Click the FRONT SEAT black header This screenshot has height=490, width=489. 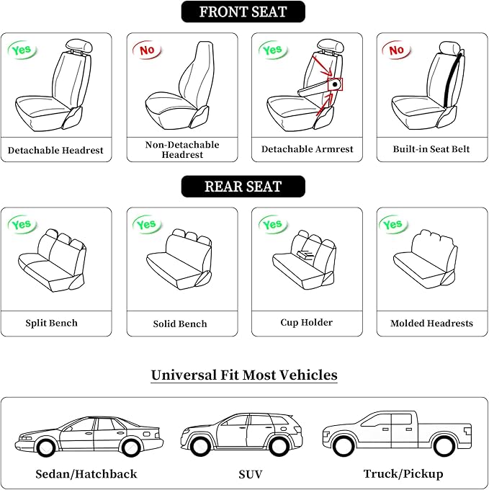tap(243, 12)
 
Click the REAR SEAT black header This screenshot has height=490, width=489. tap(243, 187)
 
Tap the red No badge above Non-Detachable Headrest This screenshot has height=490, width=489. tap(147, 50)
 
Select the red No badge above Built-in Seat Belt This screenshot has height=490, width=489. tap(396, 50)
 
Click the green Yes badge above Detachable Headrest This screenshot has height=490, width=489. tap(22, 50)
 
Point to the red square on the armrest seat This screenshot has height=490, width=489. tap(335, 84)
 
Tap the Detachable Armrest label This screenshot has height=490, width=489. tap(308, 149)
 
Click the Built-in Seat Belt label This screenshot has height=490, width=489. tap(431, 149)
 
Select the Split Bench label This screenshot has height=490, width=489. tap(51, 323)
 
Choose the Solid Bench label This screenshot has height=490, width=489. tap(180, 324)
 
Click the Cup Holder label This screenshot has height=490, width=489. tap(306, 322)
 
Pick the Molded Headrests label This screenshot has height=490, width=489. tap(431, 323)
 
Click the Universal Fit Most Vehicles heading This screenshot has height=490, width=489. tap(244, 375)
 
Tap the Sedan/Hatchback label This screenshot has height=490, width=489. tap(86, 473)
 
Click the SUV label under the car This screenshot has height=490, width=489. tap(250, 473)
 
